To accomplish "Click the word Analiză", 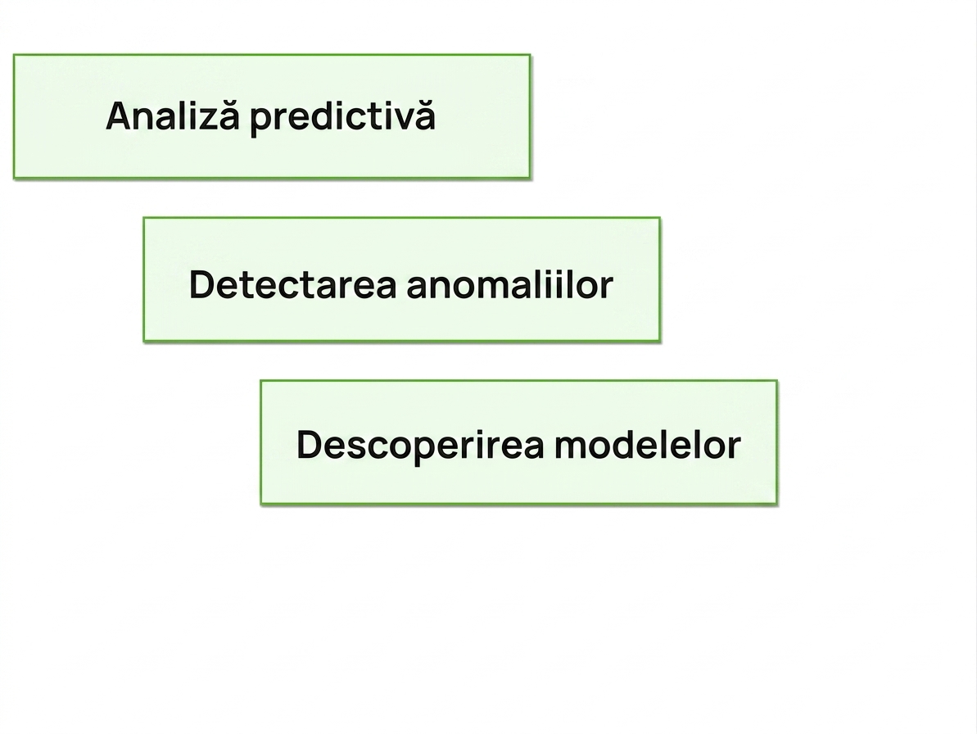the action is pyautogui.click(x=172, y=116).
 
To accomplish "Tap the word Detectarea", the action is pyautogui.click(x=292, y=285).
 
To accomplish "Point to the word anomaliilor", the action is pyautogui.click(x=509, y=285).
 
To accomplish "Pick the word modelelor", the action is pyautogui.click(x=648, y=445).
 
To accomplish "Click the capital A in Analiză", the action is pyautogui.click(x=119, y=116).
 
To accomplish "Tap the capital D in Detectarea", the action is pyautogui.click(x=201, y=285).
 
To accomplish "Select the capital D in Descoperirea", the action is pyautogui.click(x=309, y=446).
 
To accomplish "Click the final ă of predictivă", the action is pyautogui.click(x=425, y=116).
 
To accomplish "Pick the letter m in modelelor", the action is pyautogui.click(x=572, y=449).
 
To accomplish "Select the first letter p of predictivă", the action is pyautogui.click(x=261, y=124).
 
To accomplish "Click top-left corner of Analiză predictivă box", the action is pyautogui.click(x=14, y=55).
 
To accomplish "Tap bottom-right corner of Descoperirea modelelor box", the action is pyautogui.click(x=777, y=504).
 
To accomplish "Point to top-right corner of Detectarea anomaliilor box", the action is pyautogui.click(x=660, y=218).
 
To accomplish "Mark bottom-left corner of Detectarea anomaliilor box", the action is pyautogui.click(x=144, y=341).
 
